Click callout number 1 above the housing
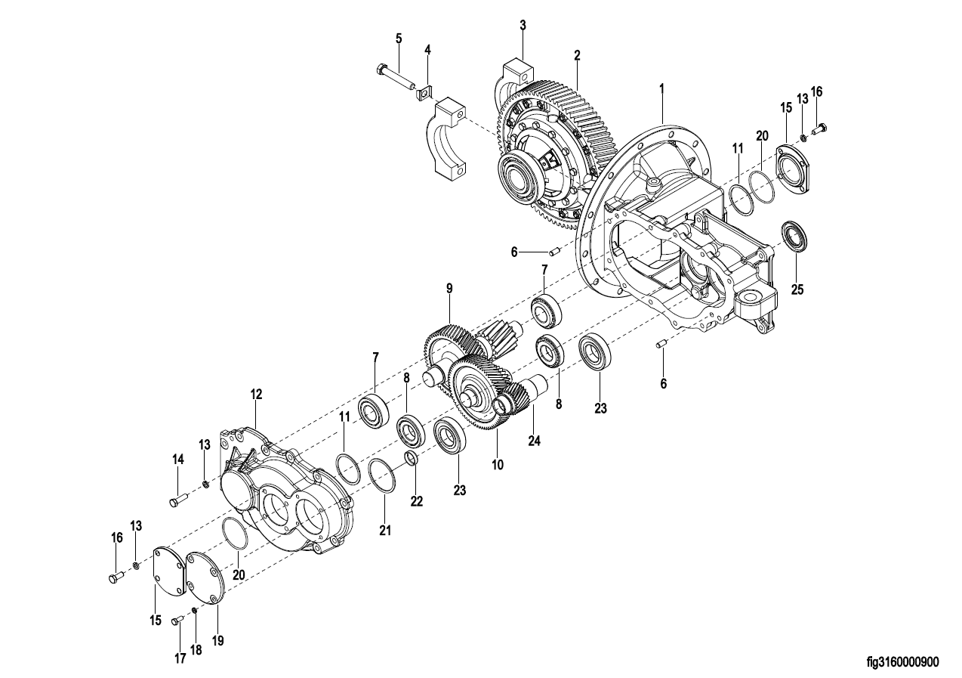pyautogui.click(x=661, y=88)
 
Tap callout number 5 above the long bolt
pyautogui.click(x=399, y=39)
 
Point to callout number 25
pyautogui.click(x=797, y=289)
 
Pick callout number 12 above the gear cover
pyautogui.click(x=257, y=395)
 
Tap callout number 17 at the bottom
pyautogui.click(x=180, y=658)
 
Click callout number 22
pyautogui.click(x=417, y=501)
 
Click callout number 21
pyautogui.click(x=385, y=531)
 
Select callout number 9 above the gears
pyautogui.click(x=449, y=289)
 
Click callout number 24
pyautogui.click(x=535, y=441)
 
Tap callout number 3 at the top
pyautogui.click(x=523, y=26)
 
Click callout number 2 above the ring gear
pyautogui.click(x=577, y=55)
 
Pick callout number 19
pyautogui.click(x=218, y=641)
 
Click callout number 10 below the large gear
pyautogui.click(x=498, y=465)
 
